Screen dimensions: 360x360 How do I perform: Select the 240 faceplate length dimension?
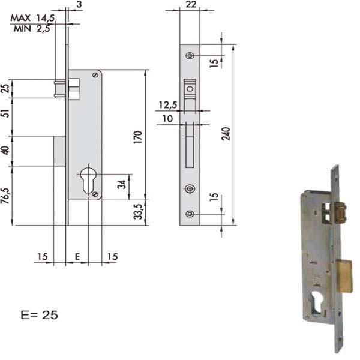click(x=227, y=135)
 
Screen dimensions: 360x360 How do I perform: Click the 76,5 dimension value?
click(x=6, y=195)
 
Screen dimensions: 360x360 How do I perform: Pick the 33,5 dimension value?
click(x=137, y=212)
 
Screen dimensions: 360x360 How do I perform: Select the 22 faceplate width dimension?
click(x=191, y=5)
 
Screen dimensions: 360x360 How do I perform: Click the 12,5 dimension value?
click(x=168, y=105)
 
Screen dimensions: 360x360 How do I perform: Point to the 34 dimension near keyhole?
click(x=122, y=184)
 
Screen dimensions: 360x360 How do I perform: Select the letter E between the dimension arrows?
click(x=77, y=257)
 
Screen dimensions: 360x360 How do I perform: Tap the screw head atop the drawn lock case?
click(x=94, y=76)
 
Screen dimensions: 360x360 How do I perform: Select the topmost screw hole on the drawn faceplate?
click(x=190, y=56)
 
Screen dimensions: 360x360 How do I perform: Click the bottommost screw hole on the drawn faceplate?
click(x=190, y=214)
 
